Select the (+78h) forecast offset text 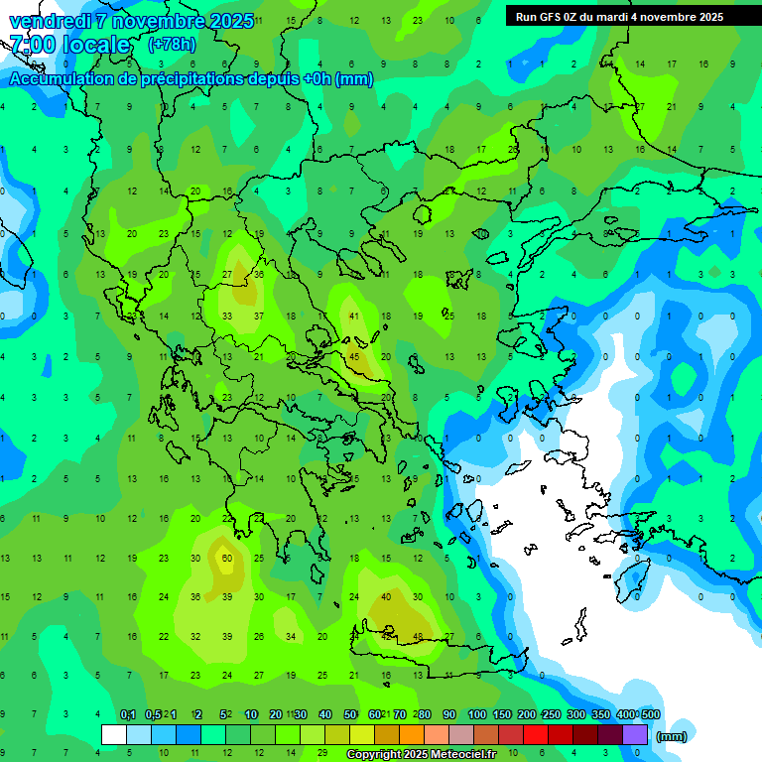(x=172, y=44)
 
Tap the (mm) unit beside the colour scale (x=672, y=736)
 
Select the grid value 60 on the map (x=227, y=558)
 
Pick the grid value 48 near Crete (x=418, y=636)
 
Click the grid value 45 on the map (x=354, y=356)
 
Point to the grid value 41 (x=354, y=317)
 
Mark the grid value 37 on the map (x=259, y=317)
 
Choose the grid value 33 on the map (x=227, y=317)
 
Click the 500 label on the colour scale (x=650, y=714)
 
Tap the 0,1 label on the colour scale (x=128, y=714)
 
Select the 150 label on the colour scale (x=502, y=714)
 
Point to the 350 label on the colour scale (x=600, y=714)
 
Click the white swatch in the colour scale (x=114, y=735)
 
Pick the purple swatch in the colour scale (x=635, y=735)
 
